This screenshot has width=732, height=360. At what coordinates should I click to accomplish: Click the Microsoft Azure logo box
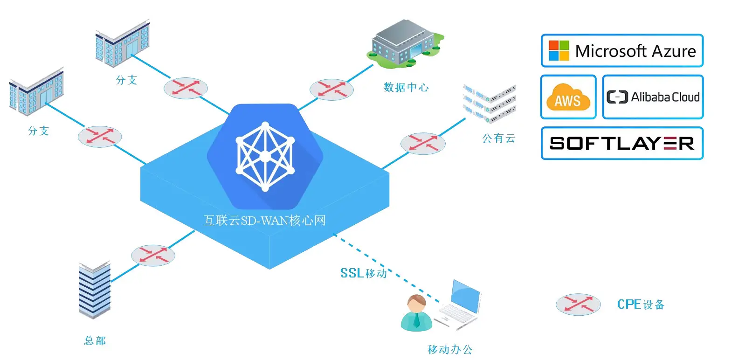point(622,50)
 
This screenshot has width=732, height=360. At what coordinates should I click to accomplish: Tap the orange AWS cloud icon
point(567,97)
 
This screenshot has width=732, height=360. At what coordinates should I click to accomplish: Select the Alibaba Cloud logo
point(653,97)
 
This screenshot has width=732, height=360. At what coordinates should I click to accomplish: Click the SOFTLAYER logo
point(622,143)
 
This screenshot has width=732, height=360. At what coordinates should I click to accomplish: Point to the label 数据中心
point(406,87)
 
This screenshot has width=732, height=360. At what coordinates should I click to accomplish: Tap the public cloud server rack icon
point(490,103)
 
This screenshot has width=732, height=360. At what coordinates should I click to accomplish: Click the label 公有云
point(498,138)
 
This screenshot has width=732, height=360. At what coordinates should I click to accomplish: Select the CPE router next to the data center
point(331,90)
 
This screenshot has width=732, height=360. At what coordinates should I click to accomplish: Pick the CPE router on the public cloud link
point(422,144)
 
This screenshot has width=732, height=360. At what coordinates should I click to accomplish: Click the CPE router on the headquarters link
point(153,256)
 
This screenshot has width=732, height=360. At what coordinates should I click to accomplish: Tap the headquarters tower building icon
point(95,290)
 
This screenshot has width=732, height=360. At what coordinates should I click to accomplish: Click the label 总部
point(95,340)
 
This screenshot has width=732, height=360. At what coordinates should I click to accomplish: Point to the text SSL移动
point(364,273)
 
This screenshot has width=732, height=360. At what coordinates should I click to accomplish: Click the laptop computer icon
point(459,305)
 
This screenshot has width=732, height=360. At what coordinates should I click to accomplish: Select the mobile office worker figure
point(416,313)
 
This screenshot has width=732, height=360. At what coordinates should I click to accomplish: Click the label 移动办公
point(450,349)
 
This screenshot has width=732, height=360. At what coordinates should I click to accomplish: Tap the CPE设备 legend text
point(640,305)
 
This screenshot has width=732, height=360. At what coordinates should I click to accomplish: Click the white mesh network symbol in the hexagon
point(265,157)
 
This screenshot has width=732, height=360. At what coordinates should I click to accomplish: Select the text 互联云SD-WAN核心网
point(264,220)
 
